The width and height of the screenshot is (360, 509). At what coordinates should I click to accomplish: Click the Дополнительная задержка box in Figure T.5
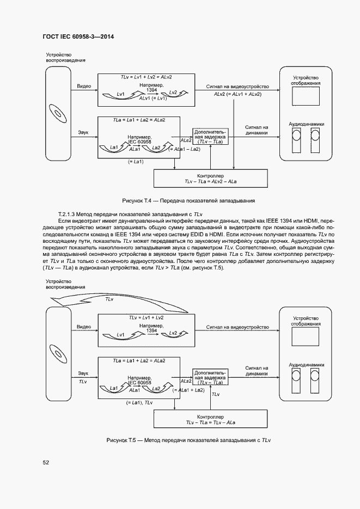point(210,377)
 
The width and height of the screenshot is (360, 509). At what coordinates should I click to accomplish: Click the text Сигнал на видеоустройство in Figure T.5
point(238,327)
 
